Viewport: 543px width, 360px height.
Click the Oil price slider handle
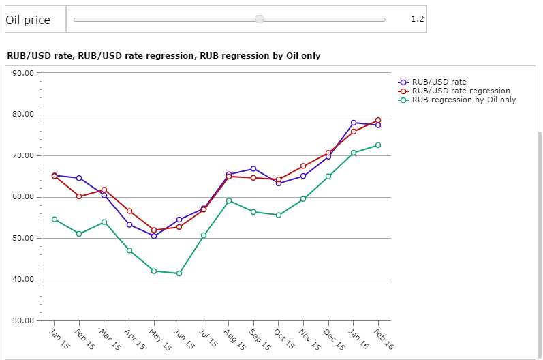(260, 19)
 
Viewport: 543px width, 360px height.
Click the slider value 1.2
(417, 19)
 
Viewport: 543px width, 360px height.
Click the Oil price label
(28, 20)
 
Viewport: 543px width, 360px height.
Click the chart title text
(164, 55)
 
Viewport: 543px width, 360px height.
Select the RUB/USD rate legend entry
(439, 82)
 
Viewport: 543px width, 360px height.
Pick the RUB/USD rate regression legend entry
(461, 91)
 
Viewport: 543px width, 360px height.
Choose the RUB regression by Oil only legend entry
(463, 100)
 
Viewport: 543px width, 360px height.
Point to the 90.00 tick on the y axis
(24, 73)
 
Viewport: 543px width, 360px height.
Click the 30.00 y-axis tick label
(24, 320)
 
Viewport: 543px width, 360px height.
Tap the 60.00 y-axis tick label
(24, 197)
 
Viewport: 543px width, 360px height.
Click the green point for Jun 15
(179, 273)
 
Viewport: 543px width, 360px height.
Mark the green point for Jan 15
(54, 219)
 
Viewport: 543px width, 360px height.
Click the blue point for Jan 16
(354, 123)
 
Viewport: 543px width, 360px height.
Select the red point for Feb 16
(378, 120)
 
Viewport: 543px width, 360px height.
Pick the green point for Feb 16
(378, 145)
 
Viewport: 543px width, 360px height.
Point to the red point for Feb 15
(79, 196)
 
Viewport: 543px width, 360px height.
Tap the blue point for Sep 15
(253, 168)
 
